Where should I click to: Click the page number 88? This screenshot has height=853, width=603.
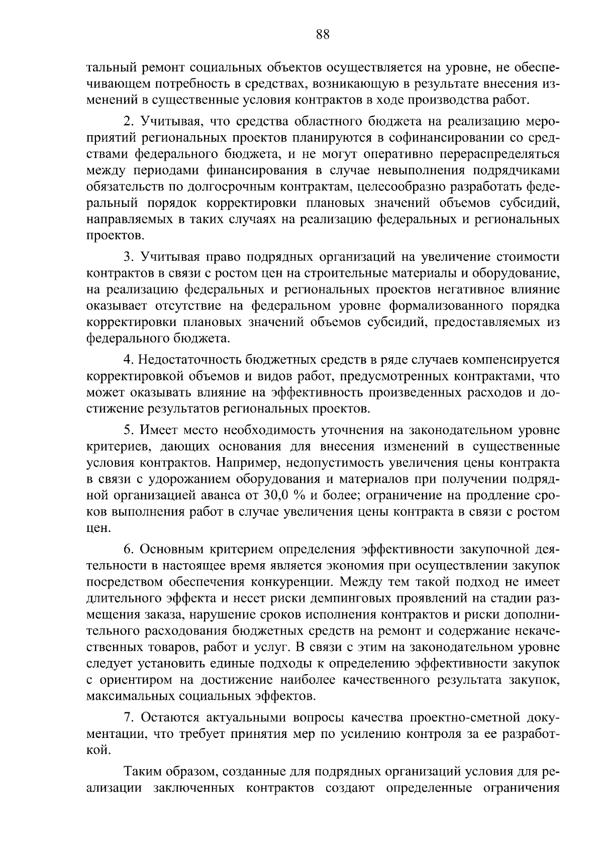tap(323, 34)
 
